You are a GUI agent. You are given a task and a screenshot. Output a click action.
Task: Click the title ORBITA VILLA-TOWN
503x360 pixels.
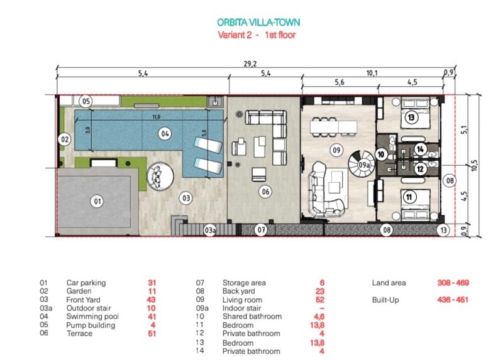pos(258,23)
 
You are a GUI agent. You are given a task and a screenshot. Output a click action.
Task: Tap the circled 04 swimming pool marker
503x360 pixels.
pos(165,133)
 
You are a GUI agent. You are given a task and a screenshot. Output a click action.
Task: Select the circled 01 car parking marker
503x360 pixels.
pos(97,201)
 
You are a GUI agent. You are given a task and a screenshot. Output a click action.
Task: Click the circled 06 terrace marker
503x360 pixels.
pos(265,192)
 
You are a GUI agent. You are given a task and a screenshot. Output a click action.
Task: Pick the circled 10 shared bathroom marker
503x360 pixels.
pos(381,155)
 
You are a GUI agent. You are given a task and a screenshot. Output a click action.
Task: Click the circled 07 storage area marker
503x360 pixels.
pos(262,230)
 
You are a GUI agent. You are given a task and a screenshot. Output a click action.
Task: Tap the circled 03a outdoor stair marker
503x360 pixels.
pos(210,230)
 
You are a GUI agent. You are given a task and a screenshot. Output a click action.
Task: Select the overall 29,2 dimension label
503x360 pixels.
pos(250,64)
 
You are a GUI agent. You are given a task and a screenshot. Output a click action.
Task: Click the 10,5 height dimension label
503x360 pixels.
pos(475,165)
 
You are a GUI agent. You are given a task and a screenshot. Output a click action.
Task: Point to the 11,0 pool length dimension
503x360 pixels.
pos(157,117)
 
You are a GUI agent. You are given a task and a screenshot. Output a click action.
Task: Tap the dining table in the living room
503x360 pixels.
pos(334,126)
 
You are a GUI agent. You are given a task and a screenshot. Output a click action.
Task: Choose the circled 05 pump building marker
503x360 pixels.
pos(86,102)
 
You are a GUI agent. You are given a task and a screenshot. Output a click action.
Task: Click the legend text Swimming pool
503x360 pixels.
pos(92,317)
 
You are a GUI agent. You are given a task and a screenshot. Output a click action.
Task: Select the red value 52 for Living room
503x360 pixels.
pos(320,300)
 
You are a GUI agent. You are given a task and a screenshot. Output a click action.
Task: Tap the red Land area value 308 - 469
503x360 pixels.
pos(453,283)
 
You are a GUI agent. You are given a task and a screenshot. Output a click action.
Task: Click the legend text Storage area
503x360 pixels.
pos(244,283)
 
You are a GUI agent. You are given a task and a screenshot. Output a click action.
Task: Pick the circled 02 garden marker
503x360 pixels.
pos(65,139)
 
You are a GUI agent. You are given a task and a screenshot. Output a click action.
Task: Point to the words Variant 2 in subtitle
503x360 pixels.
pos(235,35)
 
